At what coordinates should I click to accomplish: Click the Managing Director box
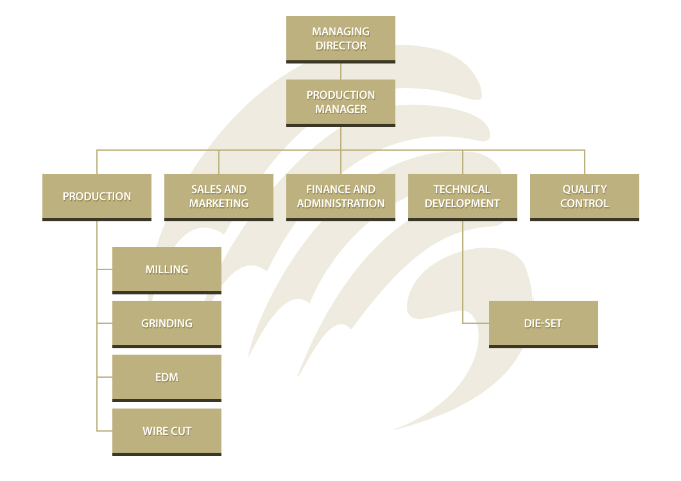pyautogui.click(x=340, y=38)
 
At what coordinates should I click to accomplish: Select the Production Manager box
pyautogui.click(x=340, y=102)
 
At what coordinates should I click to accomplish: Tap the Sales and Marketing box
pyautogui.click(x=219, y=196)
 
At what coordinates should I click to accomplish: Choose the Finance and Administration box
pyautogui.click(x=341, y=196)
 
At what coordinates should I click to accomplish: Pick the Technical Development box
pyautogui.click(x=462, y=196)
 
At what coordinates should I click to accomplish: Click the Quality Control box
pyautogui.click(x=584, y=196)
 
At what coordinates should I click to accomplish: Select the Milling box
pyautogui.click(x=167, y=269)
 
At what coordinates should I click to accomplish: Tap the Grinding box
pyautogui.click(x=167, y=323)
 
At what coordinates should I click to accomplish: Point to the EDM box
pyautogui.click(x=167, y=377)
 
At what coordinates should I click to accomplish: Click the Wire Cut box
pyautogui.click(x=167, y=431)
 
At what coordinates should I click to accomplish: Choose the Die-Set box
pyautogui.click(x=543, y=323)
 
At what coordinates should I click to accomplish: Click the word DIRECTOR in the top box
pyautogui.click(x=341, y=46)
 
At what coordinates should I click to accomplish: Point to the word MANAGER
pyautogui.click(x=341, y=109)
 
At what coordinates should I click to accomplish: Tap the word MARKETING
pyautogui.click(x=219, y=203)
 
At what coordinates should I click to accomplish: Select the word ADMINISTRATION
pyautogui.click(x=341, y=203)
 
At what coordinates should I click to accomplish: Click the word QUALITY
pyautogui.click(x=584, y=189)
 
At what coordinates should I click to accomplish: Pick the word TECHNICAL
pyautogui.click(x=462, y=189)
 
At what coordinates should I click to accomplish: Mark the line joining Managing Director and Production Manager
pyautogui.click(x=341, y=71)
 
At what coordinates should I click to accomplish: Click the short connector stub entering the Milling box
pyautogui.click(x=105, y=269)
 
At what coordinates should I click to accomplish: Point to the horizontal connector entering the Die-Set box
pyautogui.click(x=476, y=323)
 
